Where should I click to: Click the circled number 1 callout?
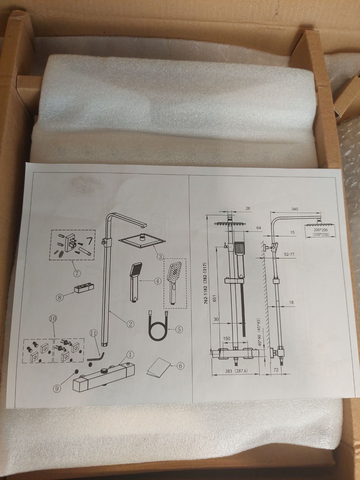click(x=130, y=355)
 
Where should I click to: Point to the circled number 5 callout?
click(x=179, y=329)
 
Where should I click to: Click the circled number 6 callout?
click(x=180, y=365)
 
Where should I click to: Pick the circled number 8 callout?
click(x=60, y=297)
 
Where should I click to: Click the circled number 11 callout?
click(x=93, y=339)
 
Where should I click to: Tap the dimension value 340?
click(x=294, y=209)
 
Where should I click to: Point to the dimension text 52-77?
click(x=289, y=254)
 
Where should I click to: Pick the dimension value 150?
click(x=226, y=338)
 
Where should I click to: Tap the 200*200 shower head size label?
click(x=320, y=230)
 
